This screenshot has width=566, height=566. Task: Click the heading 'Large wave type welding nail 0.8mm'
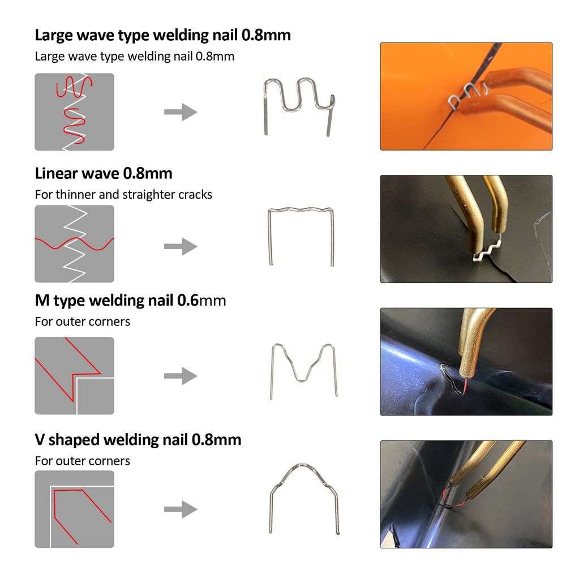pos(162,35)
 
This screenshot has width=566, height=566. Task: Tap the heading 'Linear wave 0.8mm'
pos(104,173)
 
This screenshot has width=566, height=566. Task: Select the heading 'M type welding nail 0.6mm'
pos(130,300)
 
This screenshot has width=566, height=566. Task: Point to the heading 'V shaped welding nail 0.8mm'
pos(138,439)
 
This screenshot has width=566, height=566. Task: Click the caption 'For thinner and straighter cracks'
pos(123,194)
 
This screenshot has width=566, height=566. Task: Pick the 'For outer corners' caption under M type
pos(83,321)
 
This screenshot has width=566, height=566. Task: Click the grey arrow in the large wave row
pos(181,112)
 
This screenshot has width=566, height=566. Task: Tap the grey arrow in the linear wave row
pos(181,247)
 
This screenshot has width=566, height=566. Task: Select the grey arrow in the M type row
pos(181,376)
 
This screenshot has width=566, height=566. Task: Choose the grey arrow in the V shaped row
pos(181,509)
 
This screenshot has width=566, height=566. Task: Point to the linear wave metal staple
pos(301,235)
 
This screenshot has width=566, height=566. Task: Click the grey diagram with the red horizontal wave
pos(74,243)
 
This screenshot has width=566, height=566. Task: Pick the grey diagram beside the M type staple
pos(74,376)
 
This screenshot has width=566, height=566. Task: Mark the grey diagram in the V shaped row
pos(74,509)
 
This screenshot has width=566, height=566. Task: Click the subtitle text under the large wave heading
pos(134,57)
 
